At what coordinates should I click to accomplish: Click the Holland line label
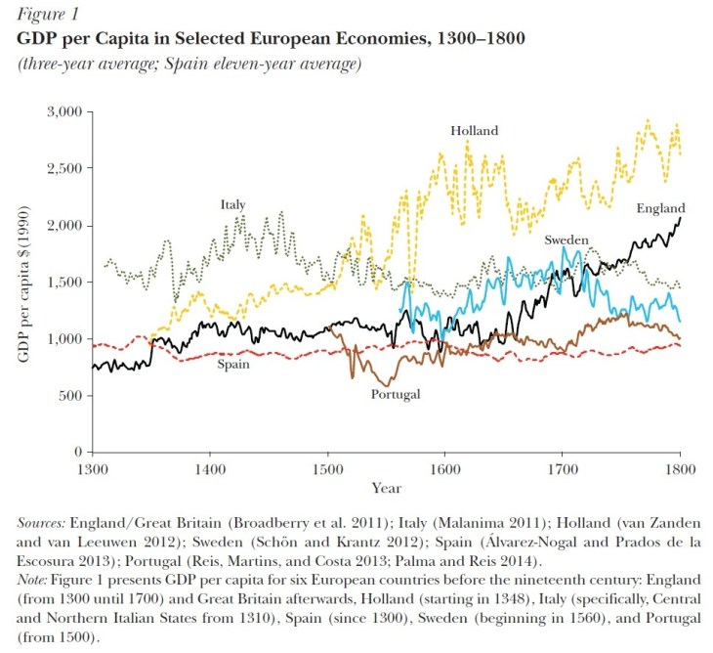475,130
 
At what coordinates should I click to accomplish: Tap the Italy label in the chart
232,205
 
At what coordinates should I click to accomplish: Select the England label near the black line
661,208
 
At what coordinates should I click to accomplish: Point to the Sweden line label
566,239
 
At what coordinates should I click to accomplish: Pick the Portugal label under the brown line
396,394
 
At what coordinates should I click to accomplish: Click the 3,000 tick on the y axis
63,112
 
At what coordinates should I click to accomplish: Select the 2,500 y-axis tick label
63,169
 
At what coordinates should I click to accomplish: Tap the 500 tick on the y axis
69,396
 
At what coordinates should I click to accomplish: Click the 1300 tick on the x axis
93,469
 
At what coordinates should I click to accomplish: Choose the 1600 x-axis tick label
444,469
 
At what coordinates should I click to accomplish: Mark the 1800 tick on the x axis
679,469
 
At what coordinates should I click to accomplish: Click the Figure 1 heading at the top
46,15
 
